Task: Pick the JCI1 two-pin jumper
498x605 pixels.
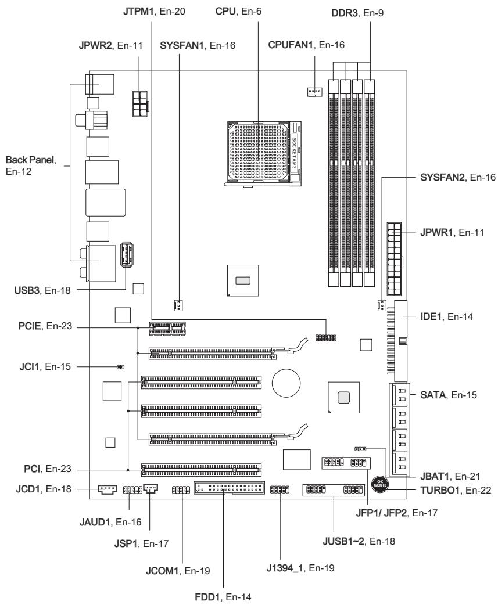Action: coord(120,368)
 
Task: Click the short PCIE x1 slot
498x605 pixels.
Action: coord(167,329)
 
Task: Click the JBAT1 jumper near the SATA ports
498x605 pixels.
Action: coord(361,449)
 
